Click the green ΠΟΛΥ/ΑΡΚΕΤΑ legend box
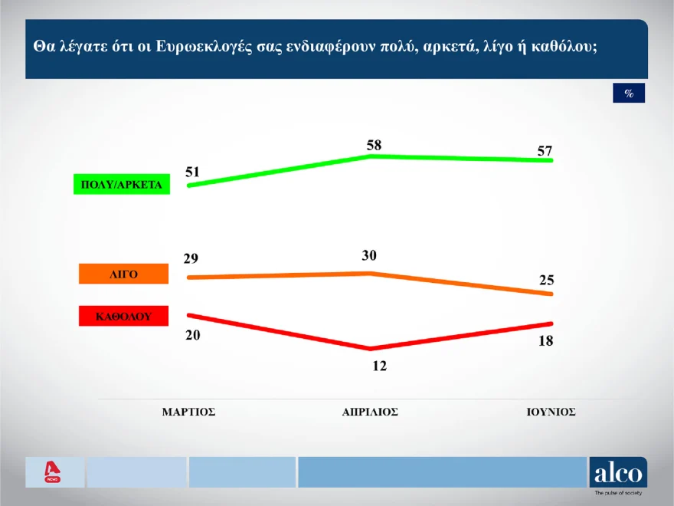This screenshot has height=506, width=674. coord(121,184)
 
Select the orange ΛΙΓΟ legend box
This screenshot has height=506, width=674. coord(123,274)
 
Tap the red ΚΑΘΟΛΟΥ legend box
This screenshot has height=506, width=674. coord(123,315)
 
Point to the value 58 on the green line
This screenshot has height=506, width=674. coord(374,145)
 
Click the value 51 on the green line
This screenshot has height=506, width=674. coord(192,172)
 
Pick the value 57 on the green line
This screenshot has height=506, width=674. coord(545,151)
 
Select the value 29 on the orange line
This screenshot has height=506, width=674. coord(191,258)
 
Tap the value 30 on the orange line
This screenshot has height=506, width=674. coord(370,255)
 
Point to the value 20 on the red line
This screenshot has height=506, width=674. coord(192,334)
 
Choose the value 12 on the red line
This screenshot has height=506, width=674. coord(379,366)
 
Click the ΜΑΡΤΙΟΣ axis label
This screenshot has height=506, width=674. coord(188,412)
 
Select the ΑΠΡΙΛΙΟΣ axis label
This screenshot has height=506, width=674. coord(370,412)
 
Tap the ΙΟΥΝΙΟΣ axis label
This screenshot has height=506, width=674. coord(551,412)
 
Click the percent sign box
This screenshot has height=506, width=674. coord(629,94)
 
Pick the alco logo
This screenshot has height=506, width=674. coord(617,472)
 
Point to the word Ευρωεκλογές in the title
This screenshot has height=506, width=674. coord(202,46)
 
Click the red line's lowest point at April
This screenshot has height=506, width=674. coord(371,349)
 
